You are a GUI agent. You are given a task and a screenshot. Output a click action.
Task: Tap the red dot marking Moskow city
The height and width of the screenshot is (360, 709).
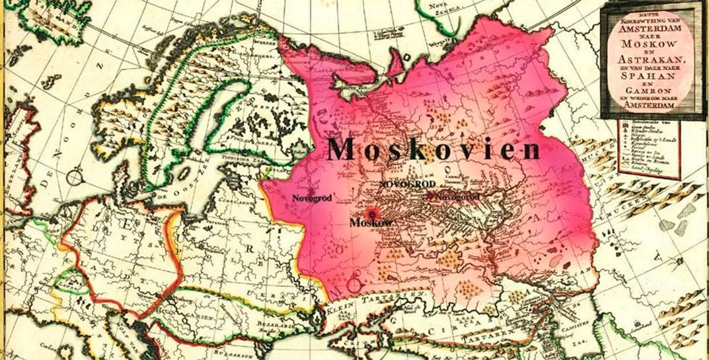pyautogui.click(x=372, y=213)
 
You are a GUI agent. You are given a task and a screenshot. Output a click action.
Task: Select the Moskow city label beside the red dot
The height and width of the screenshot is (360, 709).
pyautogui.click(x=371, y=223)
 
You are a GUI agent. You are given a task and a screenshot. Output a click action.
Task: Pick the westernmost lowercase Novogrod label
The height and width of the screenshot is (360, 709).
pyautogui.click(x=312, y=197)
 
